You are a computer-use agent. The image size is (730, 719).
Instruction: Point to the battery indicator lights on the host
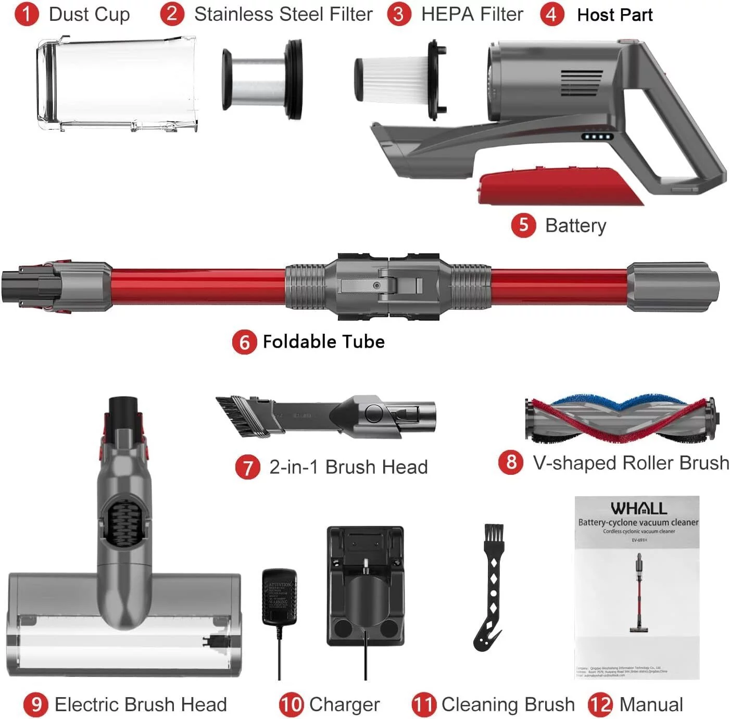coord(597,137)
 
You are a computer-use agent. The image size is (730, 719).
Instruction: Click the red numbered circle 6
coord(244,342)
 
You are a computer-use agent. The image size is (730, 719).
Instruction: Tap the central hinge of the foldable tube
coord(388,286)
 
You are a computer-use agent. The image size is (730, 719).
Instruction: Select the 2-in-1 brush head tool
coord(325,417)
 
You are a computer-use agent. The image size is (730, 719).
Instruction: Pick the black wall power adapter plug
coord(280,597)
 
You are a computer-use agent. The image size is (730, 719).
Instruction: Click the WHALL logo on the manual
coord(638,508)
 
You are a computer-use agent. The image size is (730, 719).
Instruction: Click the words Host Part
coord(615,15)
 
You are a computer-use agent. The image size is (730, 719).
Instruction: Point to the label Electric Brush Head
coord(141,704)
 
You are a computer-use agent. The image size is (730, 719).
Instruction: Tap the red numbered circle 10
coord(291,704)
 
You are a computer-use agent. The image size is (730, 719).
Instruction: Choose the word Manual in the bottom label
coord(651,704)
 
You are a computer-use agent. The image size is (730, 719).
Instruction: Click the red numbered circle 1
coord(27,15)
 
